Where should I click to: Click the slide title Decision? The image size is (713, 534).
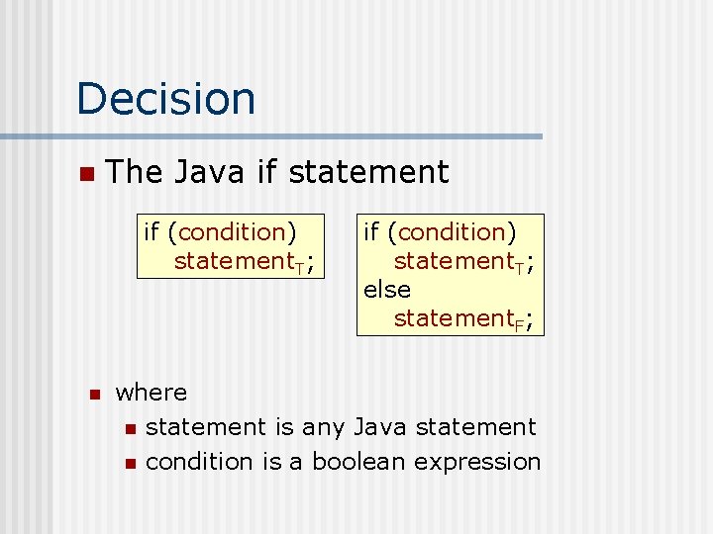[x=165, y=99]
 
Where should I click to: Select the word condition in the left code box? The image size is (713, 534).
[x=233, y=232]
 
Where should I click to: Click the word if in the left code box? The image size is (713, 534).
[x=152, y=232]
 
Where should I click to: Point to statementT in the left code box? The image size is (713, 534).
[x=241, y=262]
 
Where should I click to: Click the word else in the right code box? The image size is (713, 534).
[x=386, y=290]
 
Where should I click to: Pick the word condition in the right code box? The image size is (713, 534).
[x=453, y=232]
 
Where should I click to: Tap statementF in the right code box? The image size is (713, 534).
[x=460, y=319]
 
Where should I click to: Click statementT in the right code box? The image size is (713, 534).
[x=460, y=262]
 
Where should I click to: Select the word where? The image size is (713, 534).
[x=151, y=393]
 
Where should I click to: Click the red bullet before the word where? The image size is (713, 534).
[x=94, y=395]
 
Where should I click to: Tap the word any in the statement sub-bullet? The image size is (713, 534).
[x=323, y=427]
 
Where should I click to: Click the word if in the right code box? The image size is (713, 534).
[x=371, y=232]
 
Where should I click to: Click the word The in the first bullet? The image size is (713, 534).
[x=135, y=173]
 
